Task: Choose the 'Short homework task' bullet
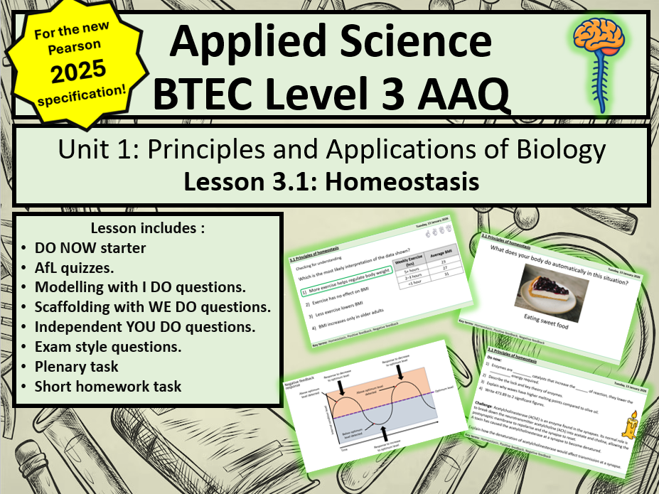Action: point(108,387)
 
